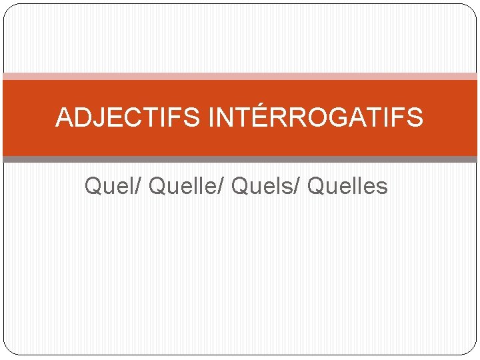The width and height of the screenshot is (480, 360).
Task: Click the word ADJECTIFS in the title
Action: tap(127, 118)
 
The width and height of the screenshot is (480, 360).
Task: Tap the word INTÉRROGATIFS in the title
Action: tap(315, 118)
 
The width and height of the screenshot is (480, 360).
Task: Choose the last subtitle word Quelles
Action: tap(347, 186)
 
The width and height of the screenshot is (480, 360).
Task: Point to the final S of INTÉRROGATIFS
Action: tap(415, 118)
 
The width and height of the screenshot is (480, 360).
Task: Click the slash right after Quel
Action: tap(139, 186)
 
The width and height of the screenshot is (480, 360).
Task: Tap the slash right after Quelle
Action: tap(222, 186)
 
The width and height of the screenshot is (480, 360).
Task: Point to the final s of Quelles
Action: tap(381, 187)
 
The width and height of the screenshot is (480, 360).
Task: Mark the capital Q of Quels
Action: tap(241, 186)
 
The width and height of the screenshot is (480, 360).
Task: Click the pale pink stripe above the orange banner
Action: tap(240, 77)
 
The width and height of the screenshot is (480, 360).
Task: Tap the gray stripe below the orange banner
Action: tap(240, 160)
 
